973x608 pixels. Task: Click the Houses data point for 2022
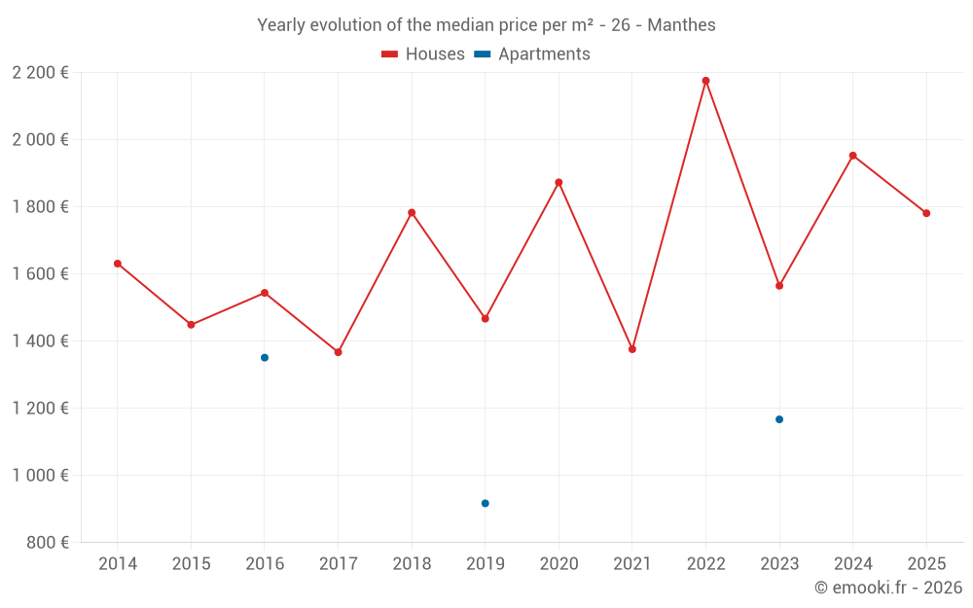[x=705, y=81]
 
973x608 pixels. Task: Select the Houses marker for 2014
[x=118, y=264]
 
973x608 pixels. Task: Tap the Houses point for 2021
[x=632, y=349]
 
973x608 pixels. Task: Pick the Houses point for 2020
[x=559, y=182]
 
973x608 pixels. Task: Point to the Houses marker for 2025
[x=926, y=213]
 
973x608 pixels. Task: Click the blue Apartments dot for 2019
[x=486, y=503]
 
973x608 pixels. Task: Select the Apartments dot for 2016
[x=265, y=358]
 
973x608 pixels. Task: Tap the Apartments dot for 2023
[x=779, y=419]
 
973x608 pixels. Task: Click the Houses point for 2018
[x=412, y=213]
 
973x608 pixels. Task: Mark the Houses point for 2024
[x=853, y=156]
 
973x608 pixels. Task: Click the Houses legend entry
[x=423, y=54]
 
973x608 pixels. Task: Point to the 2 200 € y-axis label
[x=41, y=72]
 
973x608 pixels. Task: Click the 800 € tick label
[x=48, y=542]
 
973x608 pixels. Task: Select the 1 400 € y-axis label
[x=41, y=340]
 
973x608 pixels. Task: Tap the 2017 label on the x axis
[x=338, y=564]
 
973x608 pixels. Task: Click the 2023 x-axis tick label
[x=779, y=564]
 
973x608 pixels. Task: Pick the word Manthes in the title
[x=681, y=25]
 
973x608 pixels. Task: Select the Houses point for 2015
[x=191, y=325]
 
